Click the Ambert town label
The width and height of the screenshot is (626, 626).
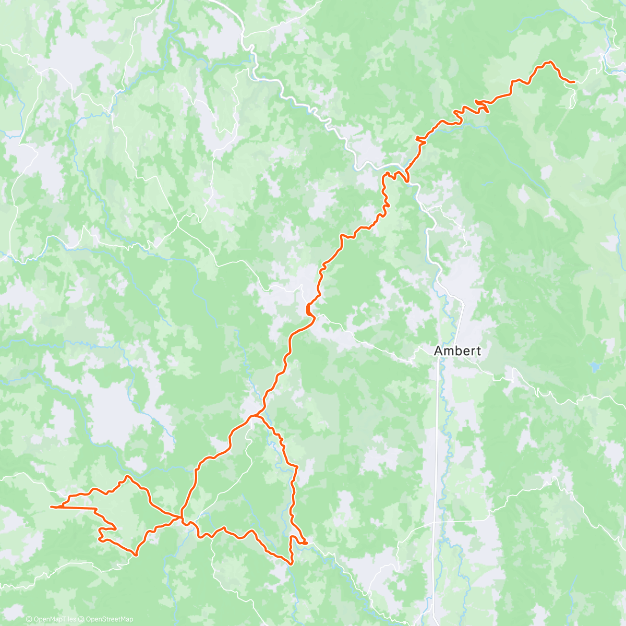pyautogui.click(x=458, y=351)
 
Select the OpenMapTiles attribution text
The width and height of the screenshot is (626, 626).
pyautogui.click(x=55, y=619)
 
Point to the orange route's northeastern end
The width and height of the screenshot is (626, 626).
pyautogui.click(x=573, y=82)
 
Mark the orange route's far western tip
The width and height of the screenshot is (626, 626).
pyautogui.click(x=51, y=507)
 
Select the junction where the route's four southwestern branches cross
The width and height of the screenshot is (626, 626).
pyautogui.click(x=181, y=517)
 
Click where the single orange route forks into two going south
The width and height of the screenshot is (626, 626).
pyautogui.click(x=254, y=416)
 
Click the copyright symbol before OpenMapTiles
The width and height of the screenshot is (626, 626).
pyautogui.click(x=29, y=619)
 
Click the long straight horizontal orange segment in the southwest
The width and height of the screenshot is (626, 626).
pyautogui.click(x=78, y=508)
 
